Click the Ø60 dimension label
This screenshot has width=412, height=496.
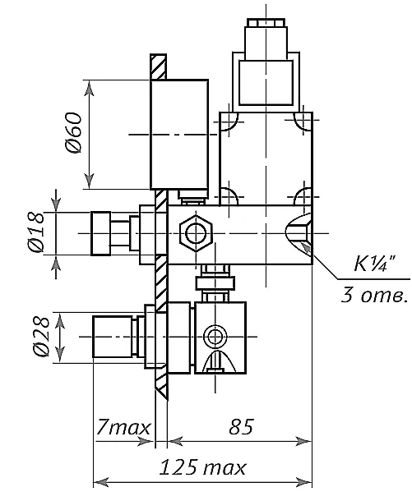coord(73,132)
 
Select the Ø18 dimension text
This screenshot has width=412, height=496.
coord(36,232)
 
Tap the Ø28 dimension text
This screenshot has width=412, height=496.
coord(41,337)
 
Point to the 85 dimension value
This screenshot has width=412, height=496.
coord(241,427)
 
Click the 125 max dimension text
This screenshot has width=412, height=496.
coord(202,467)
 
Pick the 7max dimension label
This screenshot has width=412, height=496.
coord(123,427)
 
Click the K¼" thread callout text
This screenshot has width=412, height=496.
coord(375,263)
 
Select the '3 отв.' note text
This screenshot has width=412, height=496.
coord(374,296)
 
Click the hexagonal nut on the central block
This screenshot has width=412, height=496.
coord(196,233)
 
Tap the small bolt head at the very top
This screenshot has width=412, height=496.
coord(266,23)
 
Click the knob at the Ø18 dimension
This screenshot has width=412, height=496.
coord(100,233)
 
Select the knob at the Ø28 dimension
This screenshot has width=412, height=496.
coord(113,337)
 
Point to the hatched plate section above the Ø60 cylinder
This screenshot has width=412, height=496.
coord(159,67)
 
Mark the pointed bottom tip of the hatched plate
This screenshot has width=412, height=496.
coord(167,401)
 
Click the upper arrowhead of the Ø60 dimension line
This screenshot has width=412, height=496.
coord(90,88)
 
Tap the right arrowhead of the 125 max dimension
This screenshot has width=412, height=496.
coord(303,482)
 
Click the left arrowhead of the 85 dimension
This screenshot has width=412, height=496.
coord(175,441)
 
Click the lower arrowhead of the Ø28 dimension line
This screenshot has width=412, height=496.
coord(60,356)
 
